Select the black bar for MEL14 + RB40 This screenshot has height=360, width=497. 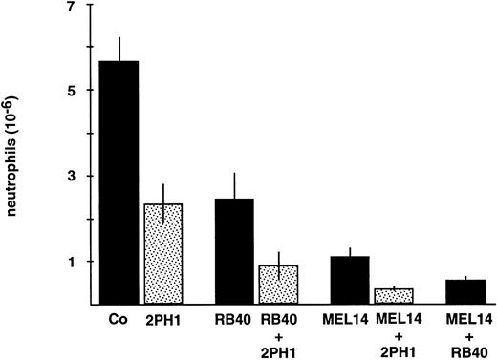[466, 291]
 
